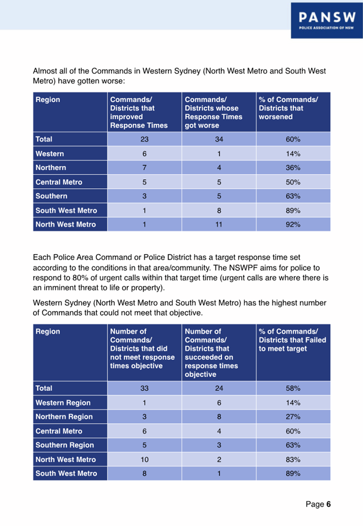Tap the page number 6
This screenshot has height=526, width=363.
coord(329,504)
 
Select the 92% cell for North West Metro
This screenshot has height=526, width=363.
coord(293,224)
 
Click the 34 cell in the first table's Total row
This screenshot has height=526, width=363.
coord(219,139)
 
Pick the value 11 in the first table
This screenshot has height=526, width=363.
coord(219,224)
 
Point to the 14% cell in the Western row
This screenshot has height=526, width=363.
coord(293,154)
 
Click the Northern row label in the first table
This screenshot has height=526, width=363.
coord(51,168)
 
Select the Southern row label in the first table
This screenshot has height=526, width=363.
coord(52,196)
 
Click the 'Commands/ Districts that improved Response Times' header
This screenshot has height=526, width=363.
coord(139,112)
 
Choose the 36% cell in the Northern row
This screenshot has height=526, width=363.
coord(293,168)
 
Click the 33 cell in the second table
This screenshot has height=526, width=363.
coord(144,388)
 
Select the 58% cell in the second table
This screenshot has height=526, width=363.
coord(293,388)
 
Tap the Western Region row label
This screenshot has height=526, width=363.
coord(63,403)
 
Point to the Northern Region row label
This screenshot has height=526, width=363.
coord(64,416)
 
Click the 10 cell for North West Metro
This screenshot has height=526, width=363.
coord(144,459)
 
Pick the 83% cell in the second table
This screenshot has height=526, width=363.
coord(293,459)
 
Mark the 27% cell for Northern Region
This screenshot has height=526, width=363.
coord(293,416)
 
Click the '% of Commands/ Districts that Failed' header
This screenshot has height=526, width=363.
coord(292,340)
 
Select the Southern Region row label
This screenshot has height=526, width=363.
coord(64,445)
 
